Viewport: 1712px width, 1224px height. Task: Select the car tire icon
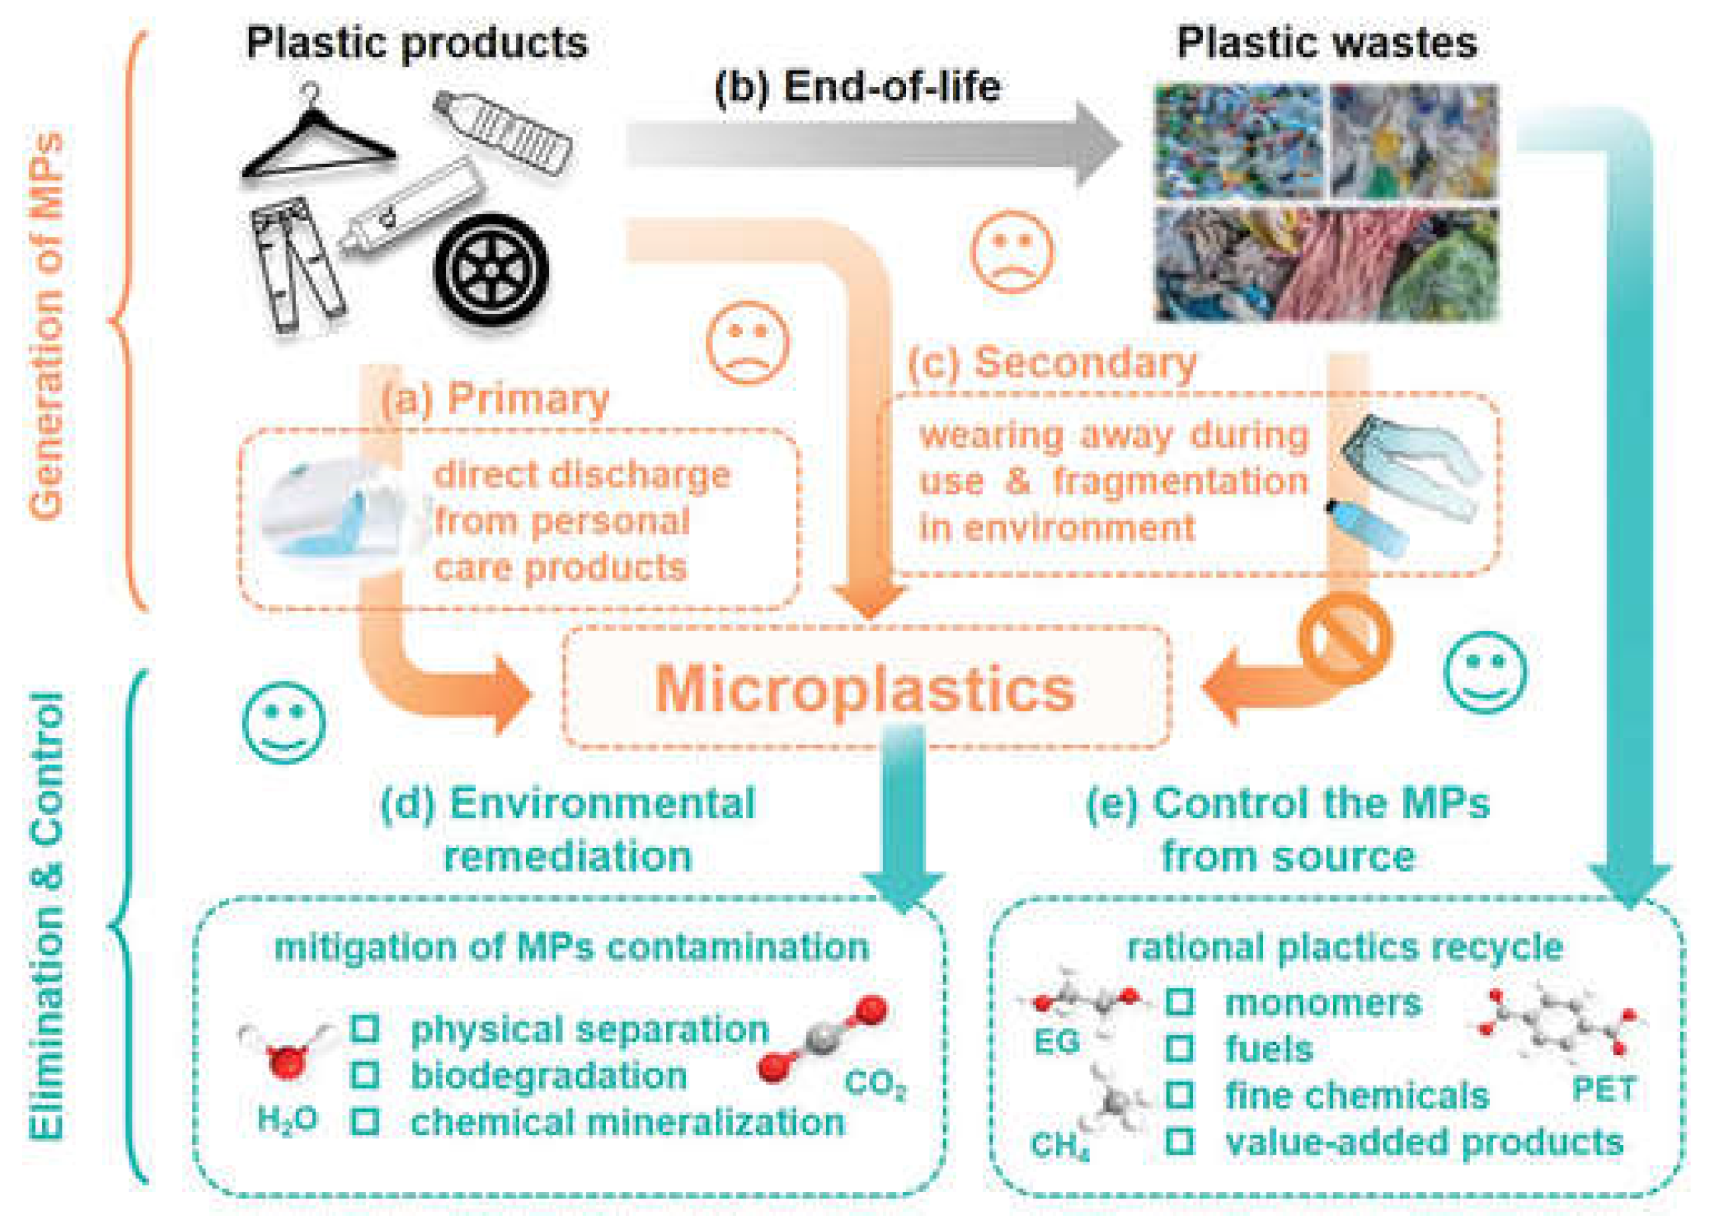(x=491, y=269)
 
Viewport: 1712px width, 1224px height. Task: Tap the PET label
(x=1604, y=1090)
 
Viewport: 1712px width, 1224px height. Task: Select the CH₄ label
(x=1059, y=1146)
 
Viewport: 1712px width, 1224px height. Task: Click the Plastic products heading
(x=417, y=43)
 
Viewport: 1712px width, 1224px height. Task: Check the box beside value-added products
(x=1179, y=1141)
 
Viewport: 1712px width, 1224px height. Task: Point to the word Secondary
(x=1085, y=363)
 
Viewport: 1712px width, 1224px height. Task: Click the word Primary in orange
(x=527, y=399)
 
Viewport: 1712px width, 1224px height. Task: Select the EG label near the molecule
(x=1056, y=1042)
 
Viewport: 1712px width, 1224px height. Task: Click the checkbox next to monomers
(x=1179, y=1001)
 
